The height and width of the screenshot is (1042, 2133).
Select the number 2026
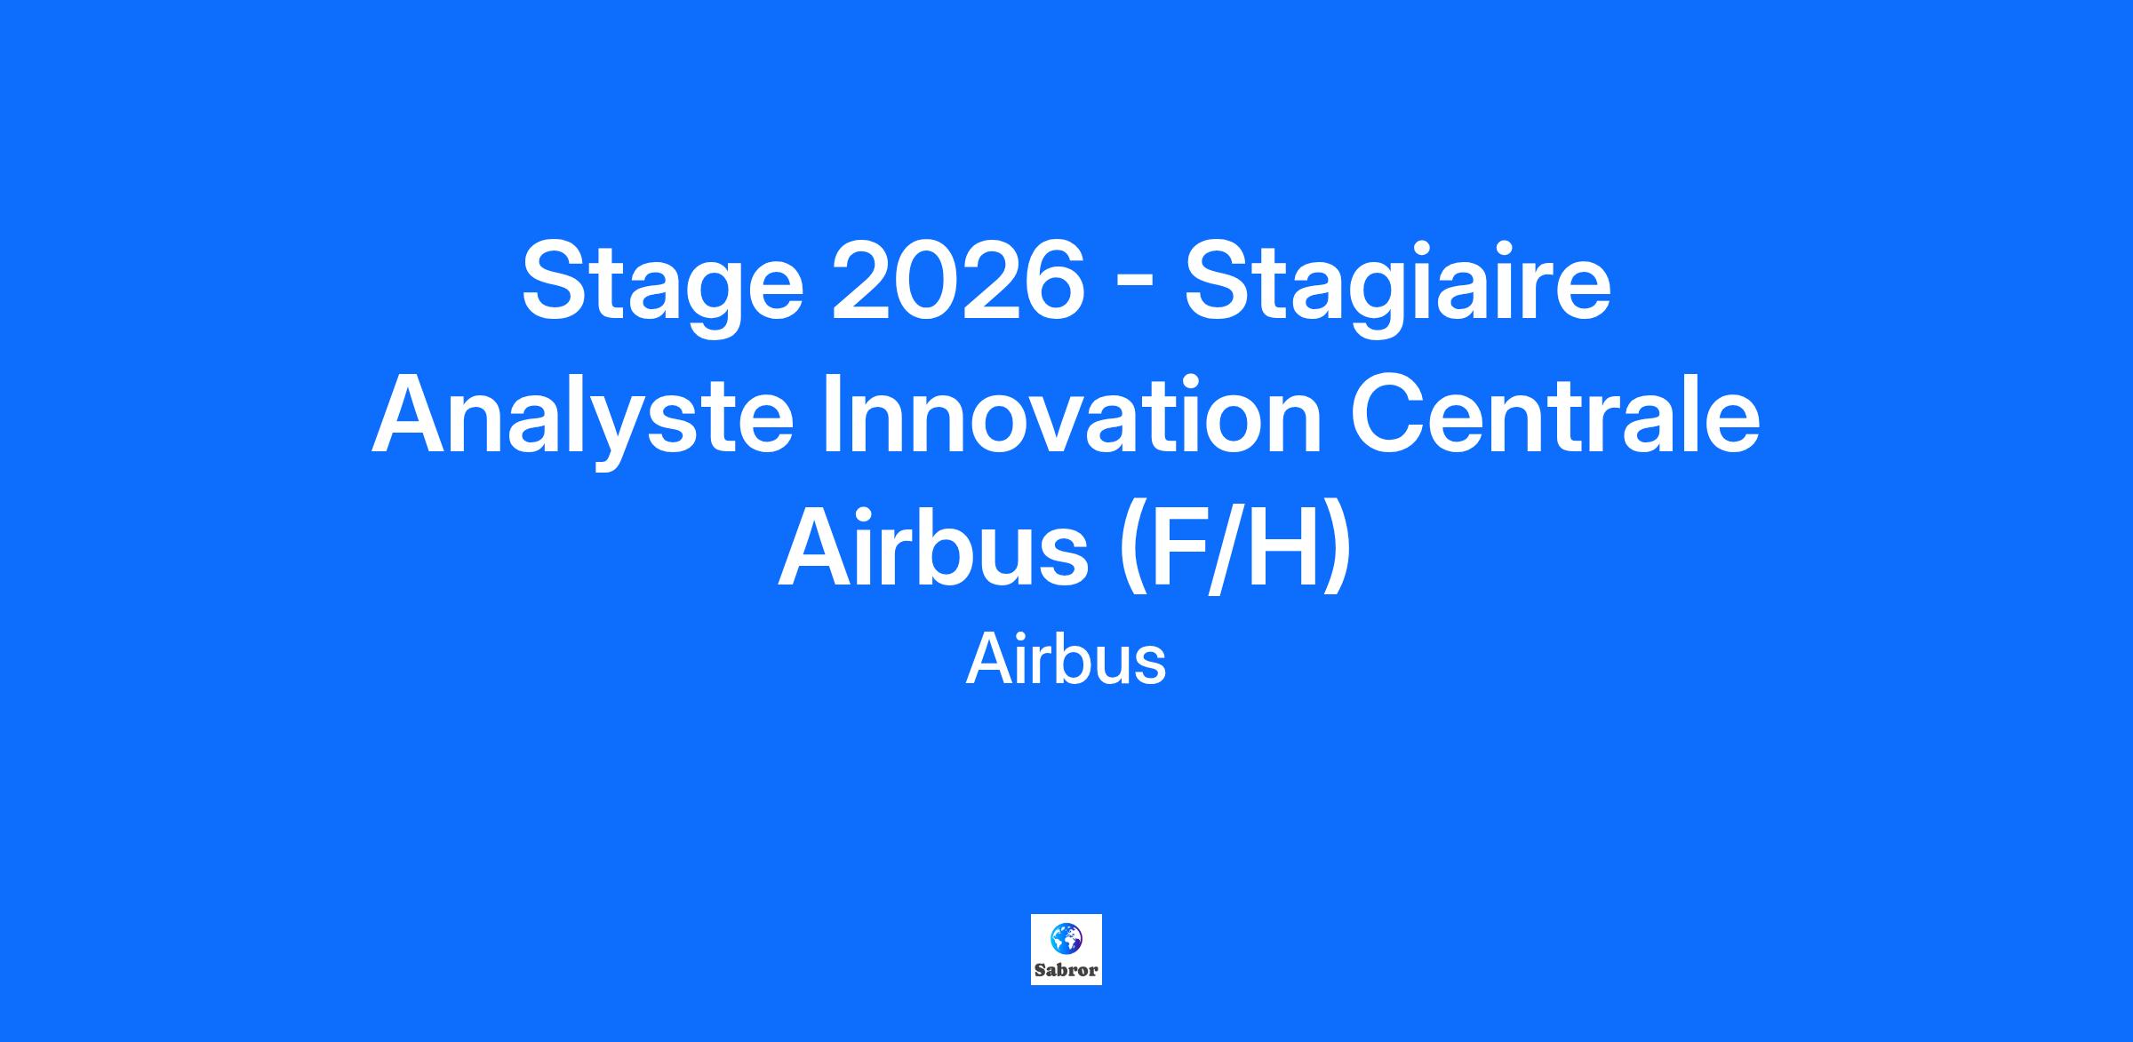click(x=958, y=280)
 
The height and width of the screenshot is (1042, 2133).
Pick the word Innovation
click(x=1073, y=412)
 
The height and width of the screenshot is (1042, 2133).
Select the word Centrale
click(x=1555, y=412)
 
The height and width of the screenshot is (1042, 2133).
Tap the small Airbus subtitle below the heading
click(x=1066, y=660)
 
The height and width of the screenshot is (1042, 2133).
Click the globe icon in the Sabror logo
click(x=1066, y=936)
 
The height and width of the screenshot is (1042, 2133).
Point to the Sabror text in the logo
click(x=1066, y=970)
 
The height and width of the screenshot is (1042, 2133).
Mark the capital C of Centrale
click(x=1388, y=413)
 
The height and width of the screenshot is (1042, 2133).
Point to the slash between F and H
click(x=1224, y=547)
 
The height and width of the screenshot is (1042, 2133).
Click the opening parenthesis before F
click(x=1130, y=551)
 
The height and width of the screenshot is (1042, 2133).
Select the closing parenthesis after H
click(x=1337, y=551)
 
